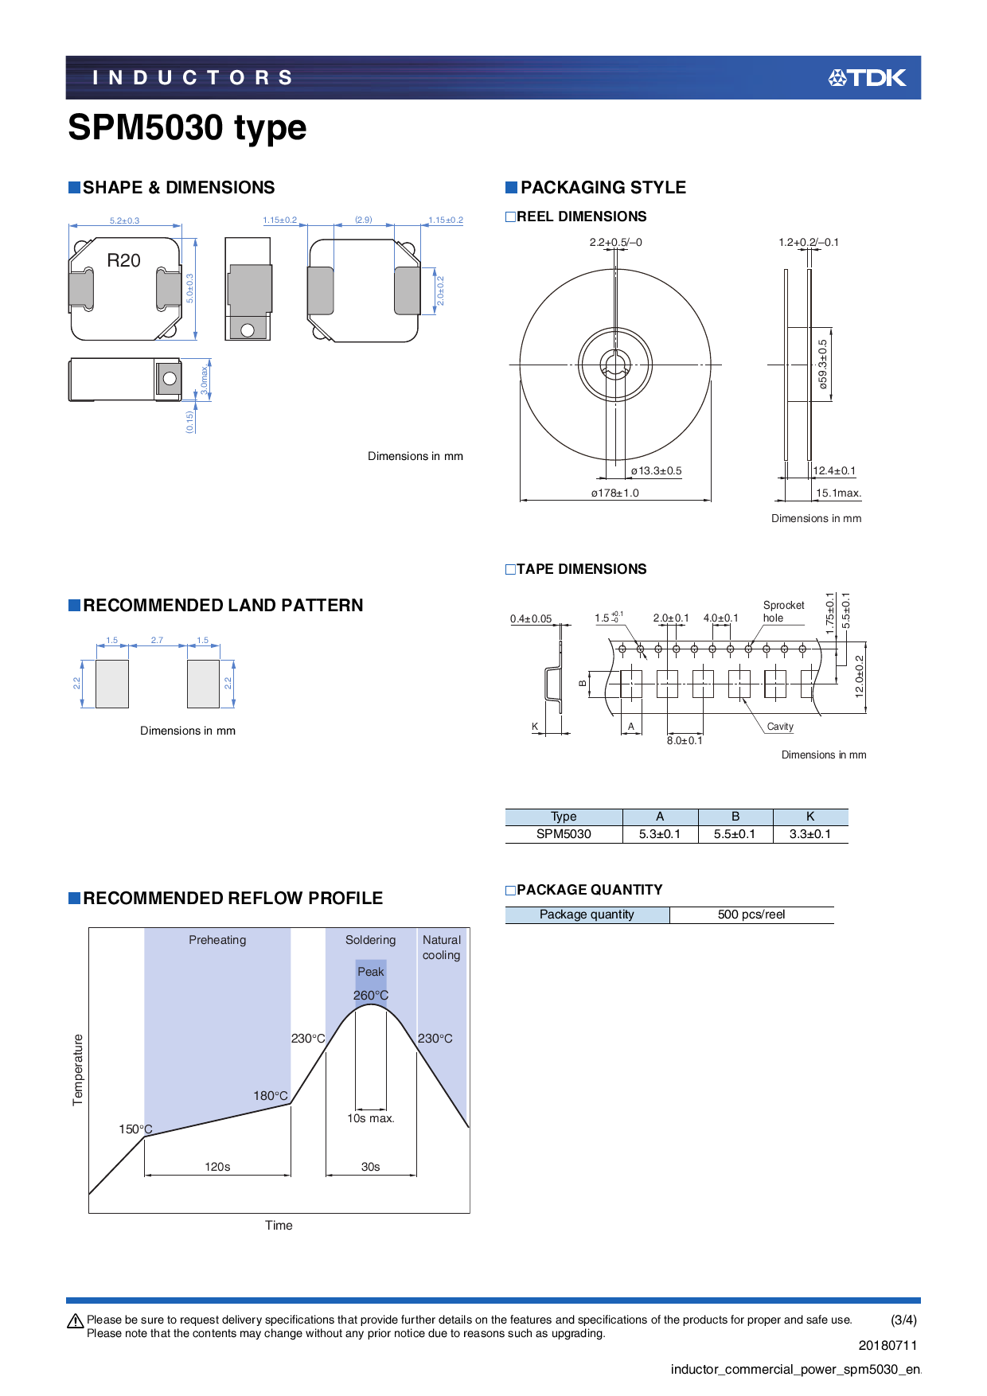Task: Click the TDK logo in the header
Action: click(867, 77)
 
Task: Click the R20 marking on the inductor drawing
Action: click(123, 260)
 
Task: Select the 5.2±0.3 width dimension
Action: click(124, 220)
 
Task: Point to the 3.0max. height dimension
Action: click(205, 380)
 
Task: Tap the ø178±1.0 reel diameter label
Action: click(614, 493)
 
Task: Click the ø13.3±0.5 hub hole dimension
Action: click(656, 470)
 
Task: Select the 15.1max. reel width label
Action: click(838, 493)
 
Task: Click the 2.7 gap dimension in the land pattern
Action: click(157, 640)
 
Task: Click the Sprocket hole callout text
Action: click(783, 611)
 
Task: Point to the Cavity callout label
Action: click(780, 727)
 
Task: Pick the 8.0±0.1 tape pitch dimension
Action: click(685, 740)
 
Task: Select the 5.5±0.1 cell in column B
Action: click(735, 834)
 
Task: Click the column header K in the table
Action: click(810, 817)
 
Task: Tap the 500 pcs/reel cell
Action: click(751, 914)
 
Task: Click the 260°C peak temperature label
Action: click(371, 996)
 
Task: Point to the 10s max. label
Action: click(371, 1118)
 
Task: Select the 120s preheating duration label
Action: click(217, 1167)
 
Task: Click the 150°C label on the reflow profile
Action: click(135, 1129)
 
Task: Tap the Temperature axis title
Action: click(78, 1070)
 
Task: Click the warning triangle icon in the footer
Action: click(76, 1321)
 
